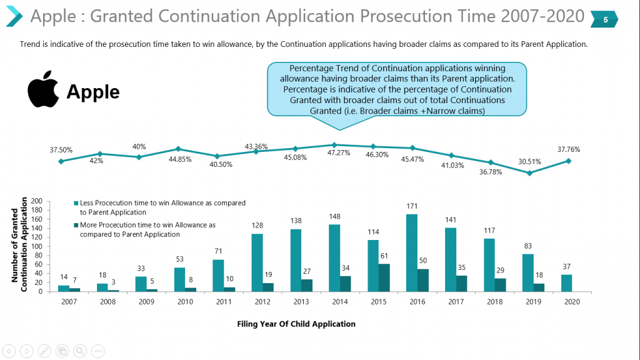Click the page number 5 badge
tap(605, 19)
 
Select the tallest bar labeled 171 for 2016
tap(412, 253)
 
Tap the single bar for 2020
tap(567, 283)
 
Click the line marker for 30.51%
tap(529, 172)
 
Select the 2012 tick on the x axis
tap(261, 302)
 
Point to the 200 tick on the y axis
tap(37, 201)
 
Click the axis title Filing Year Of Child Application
tap(296, 324)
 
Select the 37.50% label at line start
tap(61, 150)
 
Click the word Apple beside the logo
tap(92, 92)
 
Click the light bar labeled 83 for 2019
tap(529, 272)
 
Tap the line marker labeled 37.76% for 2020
tap(569, 161)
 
